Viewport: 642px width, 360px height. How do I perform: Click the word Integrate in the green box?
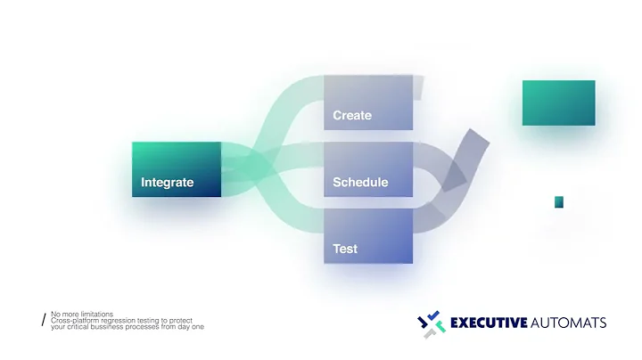click(x=167, y=183)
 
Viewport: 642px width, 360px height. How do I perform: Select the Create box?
click(x=367, y=102)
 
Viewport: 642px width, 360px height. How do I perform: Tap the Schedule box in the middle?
click(x=367, y=169)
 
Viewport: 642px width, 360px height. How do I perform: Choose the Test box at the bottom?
click(x=367, y=236)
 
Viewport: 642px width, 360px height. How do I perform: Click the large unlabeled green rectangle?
click(x=558, y=102)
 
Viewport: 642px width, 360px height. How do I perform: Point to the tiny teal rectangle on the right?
click(x=559, y=202)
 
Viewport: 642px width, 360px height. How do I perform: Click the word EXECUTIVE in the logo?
click(x=489, y=322)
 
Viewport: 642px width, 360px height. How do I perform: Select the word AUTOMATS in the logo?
click(x=569, y=322)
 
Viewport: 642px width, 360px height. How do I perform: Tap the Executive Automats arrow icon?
click(x=432, y=323)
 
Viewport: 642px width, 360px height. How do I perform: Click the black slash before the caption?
click(x=43, y=320)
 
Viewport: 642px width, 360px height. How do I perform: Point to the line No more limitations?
click(x=82, y=314)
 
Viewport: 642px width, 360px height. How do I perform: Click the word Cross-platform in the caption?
click(x=74, y=320)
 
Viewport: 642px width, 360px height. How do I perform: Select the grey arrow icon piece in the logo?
click(x=431, y=332)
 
